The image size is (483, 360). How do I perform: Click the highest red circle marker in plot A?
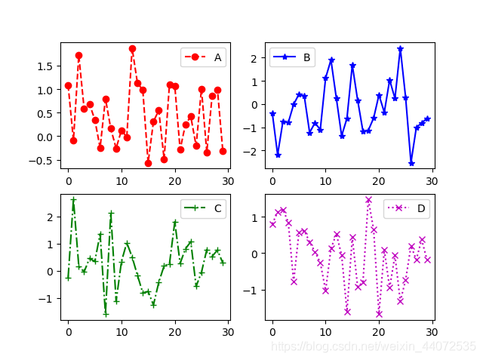[132, 48]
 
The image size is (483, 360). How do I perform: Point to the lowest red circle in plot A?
[148, 163]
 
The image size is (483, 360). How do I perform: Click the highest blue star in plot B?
[400, 49]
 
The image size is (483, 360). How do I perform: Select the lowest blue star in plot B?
[411, 163]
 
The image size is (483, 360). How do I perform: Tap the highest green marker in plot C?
[73, 200]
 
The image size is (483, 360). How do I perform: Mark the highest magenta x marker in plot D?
[368, 200]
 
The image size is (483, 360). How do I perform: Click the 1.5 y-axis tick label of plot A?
[45, 66]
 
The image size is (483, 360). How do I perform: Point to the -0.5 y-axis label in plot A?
[42, 160]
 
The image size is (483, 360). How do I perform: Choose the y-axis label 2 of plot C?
[50, 217]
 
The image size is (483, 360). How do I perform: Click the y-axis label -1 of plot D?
[255, 290]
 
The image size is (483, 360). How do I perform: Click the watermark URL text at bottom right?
[374, 346]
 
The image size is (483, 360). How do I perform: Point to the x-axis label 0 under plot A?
[68, 181]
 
